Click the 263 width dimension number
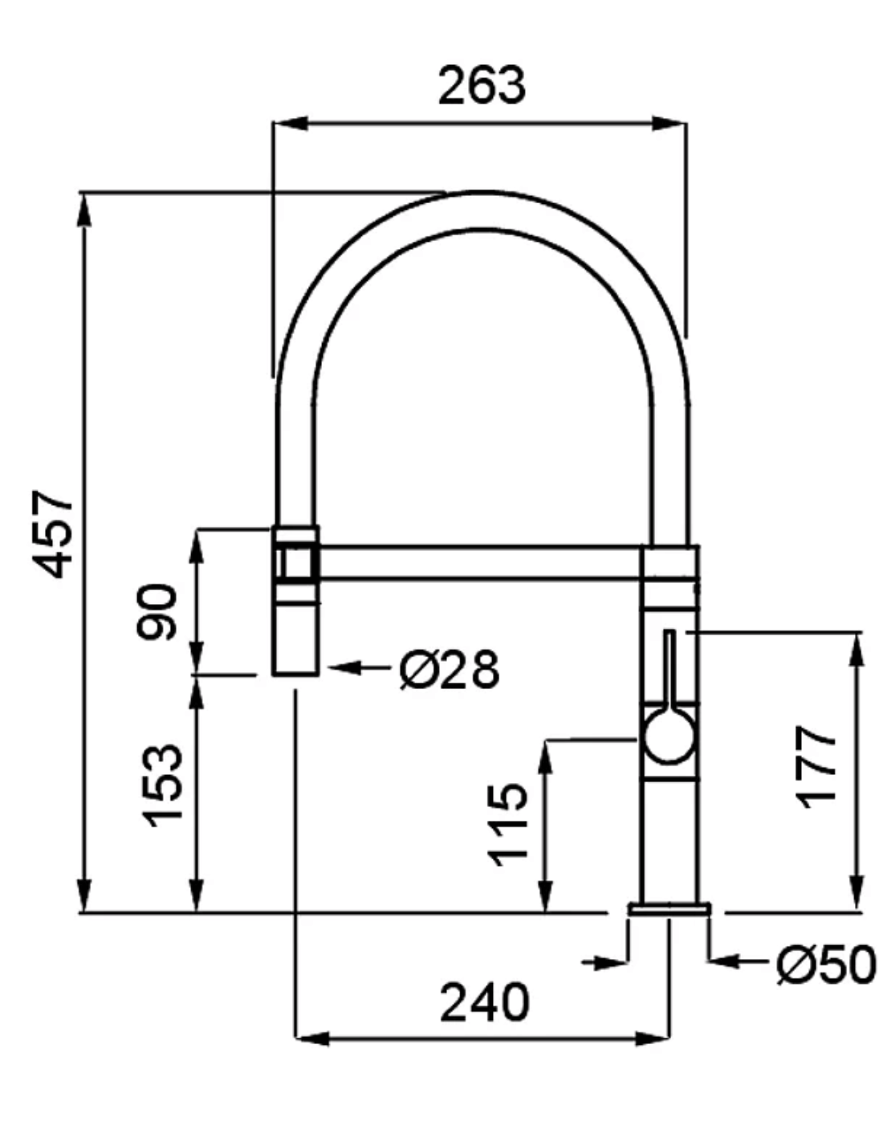[x=481, y=85]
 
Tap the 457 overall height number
[x=52, y=534]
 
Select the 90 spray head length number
[x=157, y=612]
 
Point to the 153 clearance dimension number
[x=162, y=785]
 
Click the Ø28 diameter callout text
[x=450, y=669]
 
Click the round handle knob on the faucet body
[x=669, y=736]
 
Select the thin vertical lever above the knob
[x=669, y=670]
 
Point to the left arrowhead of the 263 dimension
[x=290, y=124]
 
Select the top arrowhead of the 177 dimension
[x=857, y=650]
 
